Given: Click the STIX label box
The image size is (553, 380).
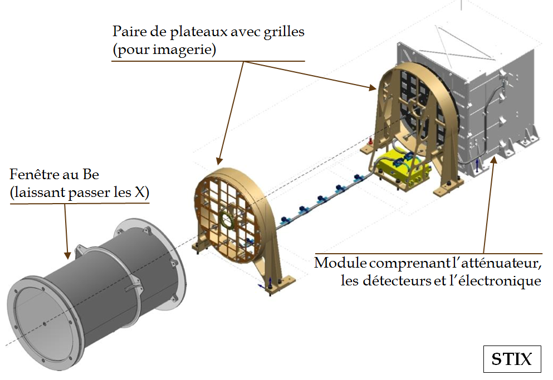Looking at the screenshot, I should click(x=512, y=359).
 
